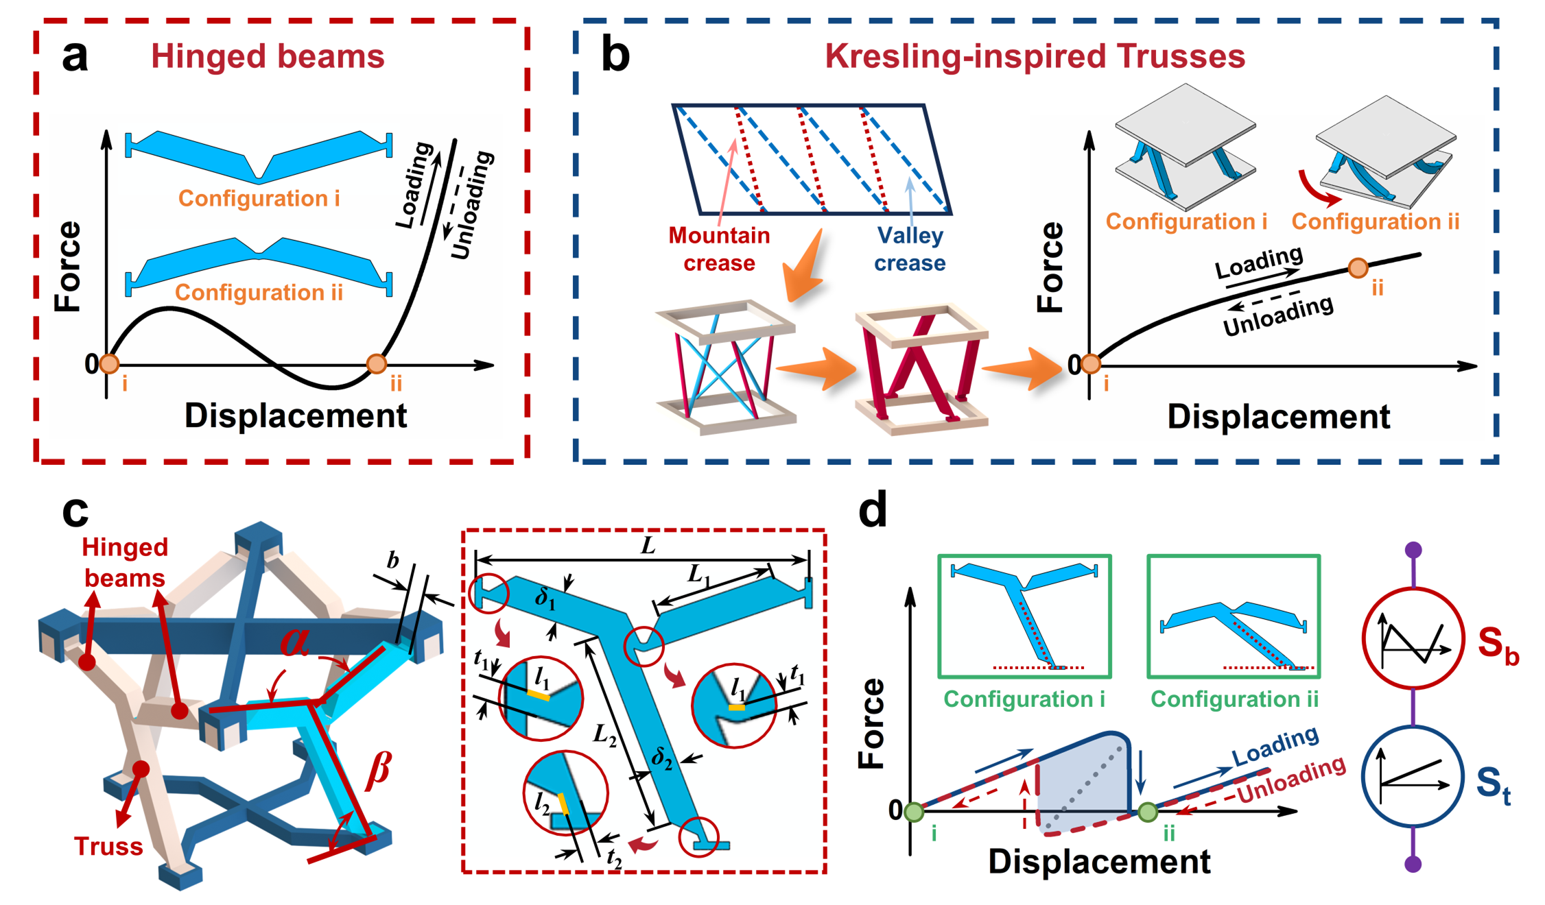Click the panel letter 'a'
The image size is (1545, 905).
75,56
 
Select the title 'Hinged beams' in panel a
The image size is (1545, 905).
268,56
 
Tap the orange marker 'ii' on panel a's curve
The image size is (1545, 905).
377,363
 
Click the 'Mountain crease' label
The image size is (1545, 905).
719,249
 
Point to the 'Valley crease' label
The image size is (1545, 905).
910,249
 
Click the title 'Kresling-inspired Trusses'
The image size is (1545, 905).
1035,56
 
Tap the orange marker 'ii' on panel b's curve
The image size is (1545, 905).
1358,268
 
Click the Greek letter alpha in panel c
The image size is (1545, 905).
295,640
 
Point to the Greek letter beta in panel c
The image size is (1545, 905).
379,769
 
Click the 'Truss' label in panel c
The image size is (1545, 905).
108,847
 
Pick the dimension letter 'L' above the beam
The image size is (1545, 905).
648,546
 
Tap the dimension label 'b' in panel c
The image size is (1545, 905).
392,560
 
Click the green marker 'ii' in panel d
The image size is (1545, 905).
1148,813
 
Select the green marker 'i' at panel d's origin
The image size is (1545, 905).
914,812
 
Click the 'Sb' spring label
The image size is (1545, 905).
1498,646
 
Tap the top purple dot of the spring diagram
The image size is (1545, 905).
1413,550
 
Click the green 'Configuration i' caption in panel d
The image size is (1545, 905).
1024,699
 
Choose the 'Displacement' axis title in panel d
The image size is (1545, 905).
1099,862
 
